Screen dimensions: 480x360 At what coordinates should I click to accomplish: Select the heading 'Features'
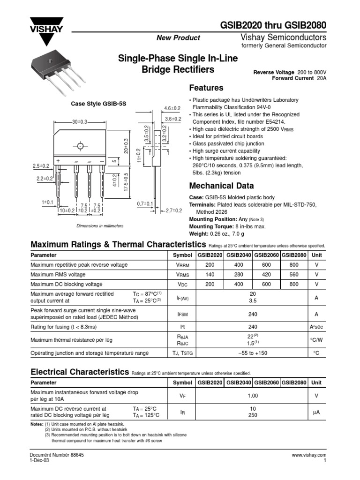pos(206,88)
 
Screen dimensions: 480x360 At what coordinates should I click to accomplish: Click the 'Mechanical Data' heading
pos(221,185)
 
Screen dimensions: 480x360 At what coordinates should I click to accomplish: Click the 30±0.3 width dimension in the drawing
pos(79,122)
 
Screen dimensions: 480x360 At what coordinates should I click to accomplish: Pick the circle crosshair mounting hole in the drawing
pos(80,145)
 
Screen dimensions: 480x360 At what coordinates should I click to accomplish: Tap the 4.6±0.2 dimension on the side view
pos(172,108)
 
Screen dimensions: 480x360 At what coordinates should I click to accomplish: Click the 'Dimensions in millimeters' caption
pos(100,226)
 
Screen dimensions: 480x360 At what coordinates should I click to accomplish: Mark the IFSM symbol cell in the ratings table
pos(182,314)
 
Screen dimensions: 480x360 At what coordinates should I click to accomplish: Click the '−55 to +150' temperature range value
pos(253,353)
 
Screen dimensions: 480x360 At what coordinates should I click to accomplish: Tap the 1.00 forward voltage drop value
pos(253,396)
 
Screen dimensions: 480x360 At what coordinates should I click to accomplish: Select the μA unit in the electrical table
pos(316,412)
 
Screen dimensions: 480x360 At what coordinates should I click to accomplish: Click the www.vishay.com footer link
pos(308,455)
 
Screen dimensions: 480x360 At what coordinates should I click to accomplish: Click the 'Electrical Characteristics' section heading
pos(79,372)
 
